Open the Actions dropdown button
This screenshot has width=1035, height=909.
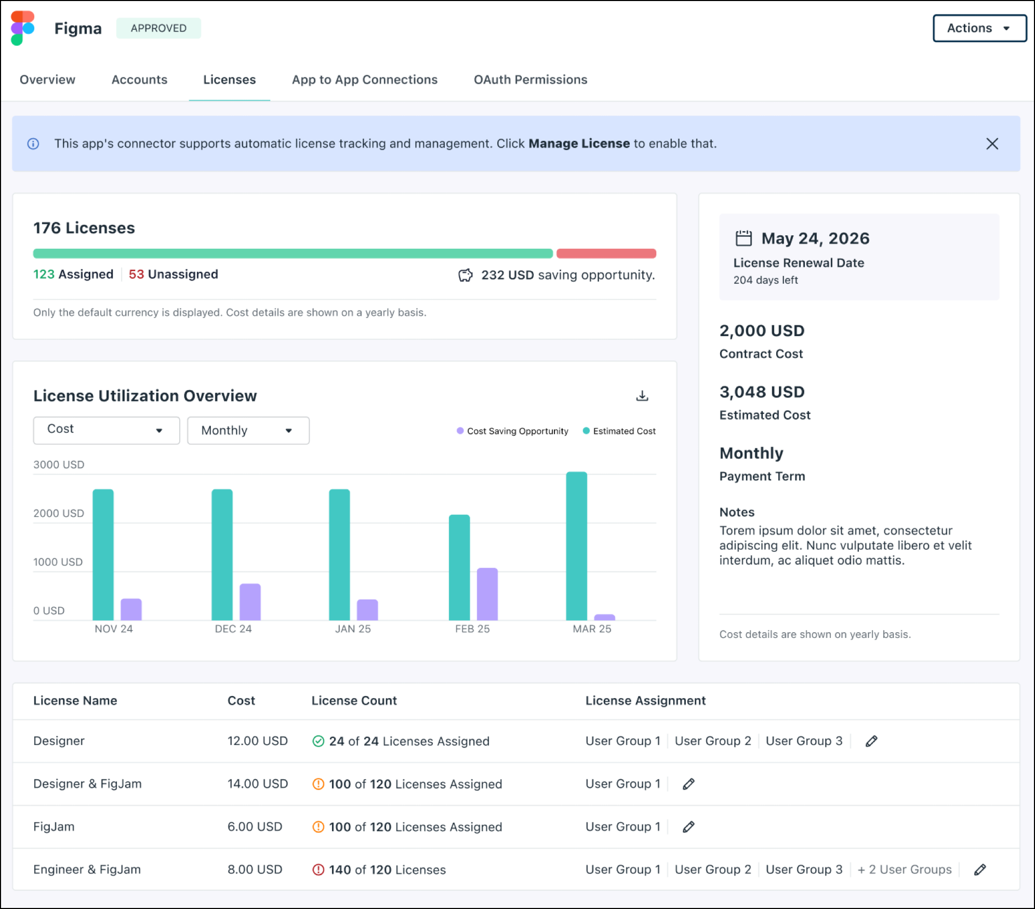[x=979, y=28]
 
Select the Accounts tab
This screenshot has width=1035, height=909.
[x=139, y=79]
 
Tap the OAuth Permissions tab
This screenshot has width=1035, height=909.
[x=530, y=79]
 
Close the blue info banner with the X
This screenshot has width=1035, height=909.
[x=992, y=144]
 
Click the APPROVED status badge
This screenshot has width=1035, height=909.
[x=158, y=28]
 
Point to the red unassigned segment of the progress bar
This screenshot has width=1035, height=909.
[x=606, y=253]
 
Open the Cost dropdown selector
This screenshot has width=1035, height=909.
[x=106, y=430]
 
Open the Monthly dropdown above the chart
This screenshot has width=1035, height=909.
[x=248, y=430]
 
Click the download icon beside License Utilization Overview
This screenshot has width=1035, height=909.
[x=642, y=396]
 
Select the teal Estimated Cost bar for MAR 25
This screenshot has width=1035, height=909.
[x=576, y=545]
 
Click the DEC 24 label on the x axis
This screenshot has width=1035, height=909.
[x=233, y=629]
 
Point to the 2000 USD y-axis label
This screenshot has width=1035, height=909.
[x=59, y=513]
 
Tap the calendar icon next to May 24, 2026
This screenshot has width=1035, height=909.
[x=744, y=238]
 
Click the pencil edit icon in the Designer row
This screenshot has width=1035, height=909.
[x=871, y=741]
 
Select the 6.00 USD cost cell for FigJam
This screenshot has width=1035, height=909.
[x=255, y=826]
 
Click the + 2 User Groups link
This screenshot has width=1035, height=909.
[x=904, y=870]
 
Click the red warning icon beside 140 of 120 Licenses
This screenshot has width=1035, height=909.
[x=318, y=870]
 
